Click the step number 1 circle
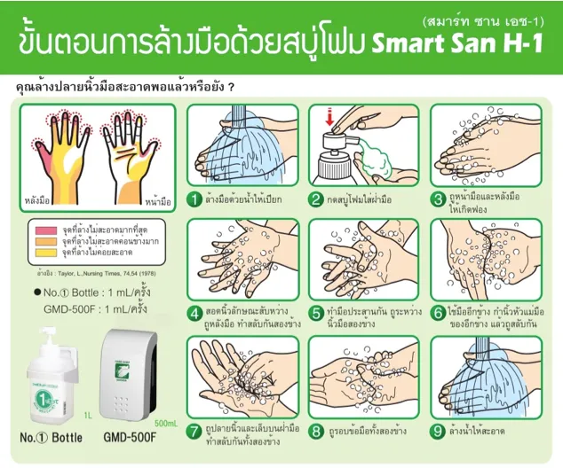[x=195, y=199]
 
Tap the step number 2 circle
[x=315, y=199]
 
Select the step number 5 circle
[x=315, y=313]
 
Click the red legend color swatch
[x=41, y=230]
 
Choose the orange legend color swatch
[x=41, y=240]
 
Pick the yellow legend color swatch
[x=41, y=251]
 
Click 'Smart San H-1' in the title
[x=459, y=42]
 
